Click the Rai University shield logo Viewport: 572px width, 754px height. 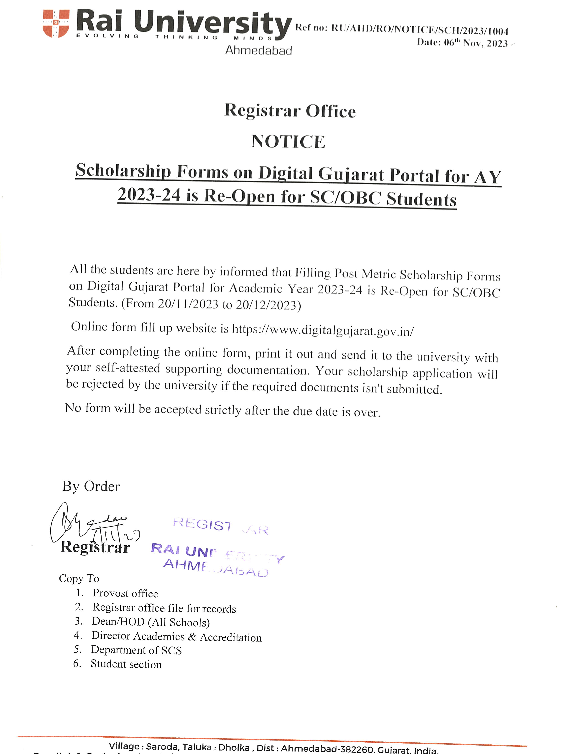pos(56,23)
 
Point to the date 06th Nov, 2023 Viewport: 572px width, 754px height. pos(476,43)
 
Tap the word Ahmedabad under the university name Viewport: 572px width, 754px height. pos(258,51)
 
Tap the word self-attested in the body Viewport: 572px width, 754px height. pos(128,368)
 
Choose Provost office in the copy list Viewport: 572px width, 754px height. pos(125,594)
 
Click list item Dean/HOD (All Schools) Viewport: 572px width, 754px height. pos(151,622)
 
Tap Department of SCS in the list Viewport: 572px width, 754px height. pos(136,650)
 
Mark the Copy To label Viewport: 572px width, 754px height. pos(79,578)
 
